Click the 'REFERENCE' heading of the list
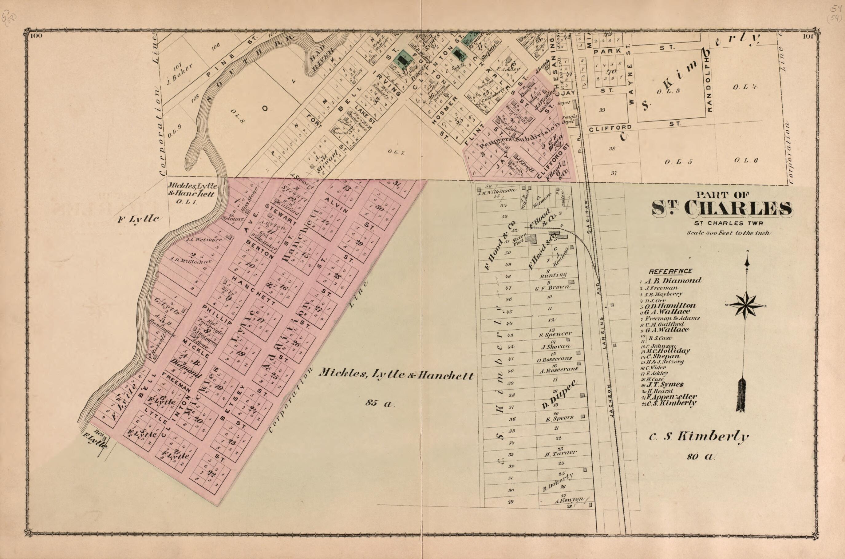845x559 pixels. tap(666, 271)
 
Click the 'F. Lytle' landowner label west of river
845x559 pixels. tap(139, 219)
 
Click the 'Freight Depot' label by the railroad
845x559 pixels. tap(569, 119)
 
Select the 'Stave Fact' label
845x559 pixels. tap(517, 239)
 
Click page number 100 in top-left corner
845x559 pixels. tap(36, 36)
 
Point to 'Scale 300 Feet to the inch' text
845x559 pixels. tap(728, 233)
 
